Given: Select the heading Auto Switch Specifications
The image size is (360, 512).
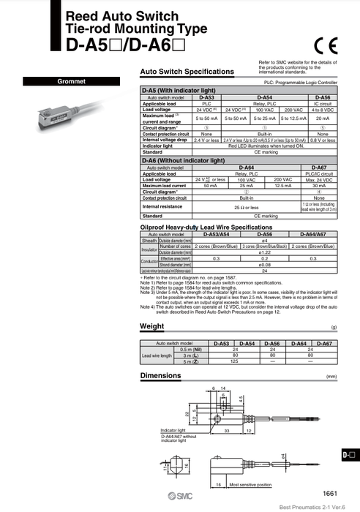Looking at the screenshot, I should tap(187, 72).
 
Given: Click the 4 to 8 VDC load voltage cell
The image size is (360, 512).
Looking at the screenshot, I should tap(323, 109).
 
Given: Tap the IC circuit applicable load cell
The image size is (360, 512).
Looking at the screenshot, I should tap(323, 103).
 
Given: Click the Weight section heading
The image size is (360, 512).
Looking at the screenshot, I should tap(151, 326).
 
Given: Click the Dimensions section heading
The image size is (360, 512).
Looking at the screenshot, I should tap(160, 376).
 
